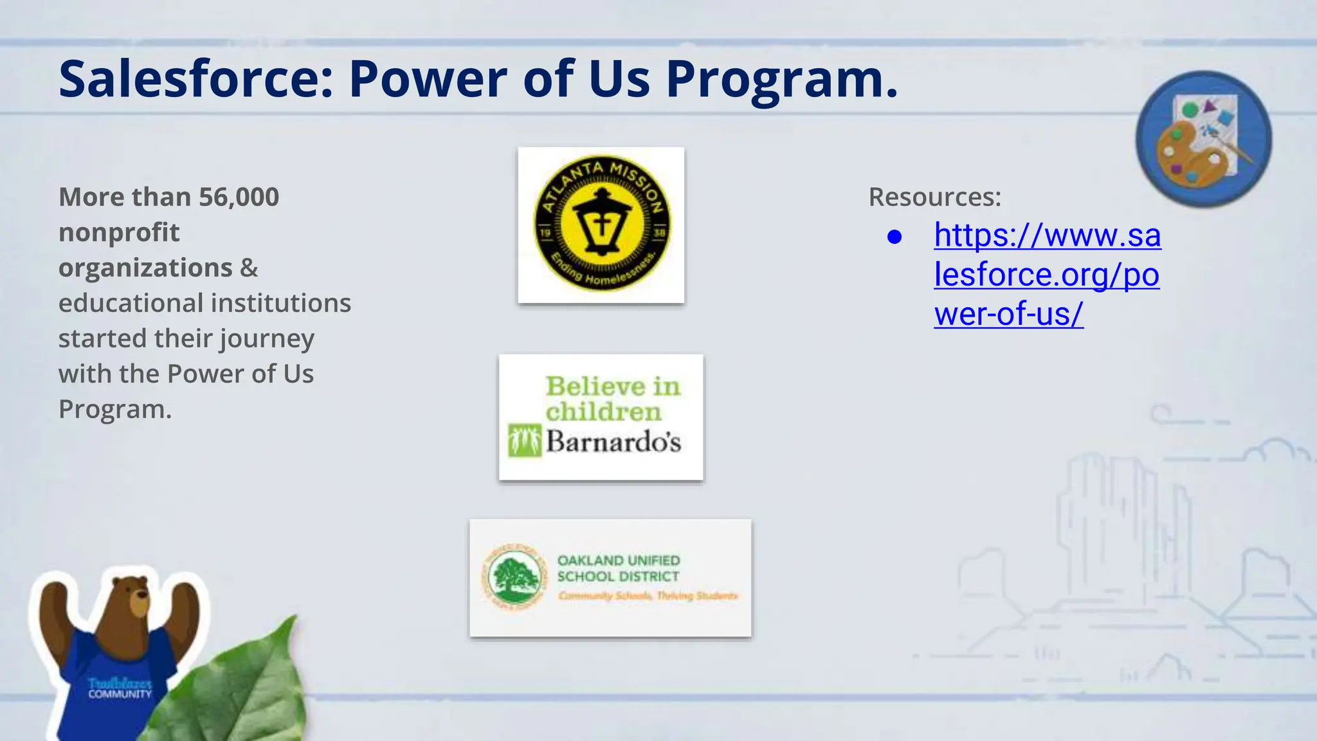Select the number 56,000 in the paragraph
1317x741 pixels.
coord(239,197)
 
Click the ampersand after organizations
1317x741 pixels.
coord(249,268)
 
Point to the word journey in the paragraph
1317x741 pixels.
coord(277,339)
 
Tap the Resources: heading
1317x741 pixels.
coord(934,197)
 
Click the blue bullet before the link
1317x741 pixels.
coord(894,237)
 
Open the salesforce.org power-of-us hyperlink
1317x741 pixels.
coord(1047,275)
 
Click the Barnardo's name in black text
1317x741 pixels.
coord(613,442)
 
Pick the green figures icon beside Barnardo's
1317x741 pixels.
coord(524,441)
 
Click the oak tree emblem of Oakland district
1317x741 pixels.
coord(514,576)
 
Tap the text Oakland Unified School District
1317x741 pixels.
coord(618,568)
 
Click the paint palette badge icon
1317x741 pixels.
coord(1203,139)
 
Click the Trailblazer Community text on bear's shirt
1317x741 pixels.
coord(120,688)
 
